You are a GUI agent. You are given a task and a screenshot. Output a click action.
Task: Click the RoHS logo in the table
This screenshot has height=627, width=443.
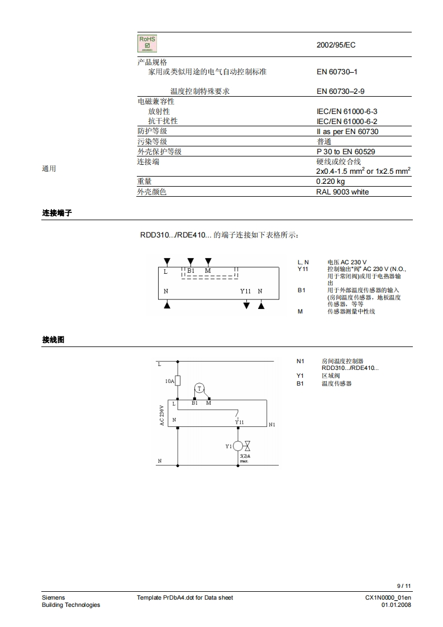point(147,44)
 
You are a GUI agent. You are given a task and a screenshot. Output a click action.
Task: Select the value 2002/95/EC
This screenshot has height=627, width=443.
point(336,45)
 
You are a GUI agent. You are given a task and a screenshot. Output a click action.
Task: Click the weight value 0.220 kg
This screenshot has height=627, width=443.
point(331,182)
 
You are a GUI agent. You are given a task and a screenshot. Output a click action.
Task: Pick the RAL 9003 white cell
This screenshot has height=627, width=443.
point(342,192)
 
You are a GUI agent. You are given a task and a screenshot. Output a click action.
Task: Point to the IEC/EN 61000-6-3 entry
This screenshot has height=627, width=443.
point(347,111)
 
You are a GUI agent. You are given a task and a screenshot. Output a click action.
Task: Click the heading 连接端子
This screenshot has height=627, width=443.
point(57,213)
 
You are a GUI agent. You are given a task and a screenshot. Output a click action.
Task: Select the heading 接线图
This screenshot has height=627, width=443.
point(53,339)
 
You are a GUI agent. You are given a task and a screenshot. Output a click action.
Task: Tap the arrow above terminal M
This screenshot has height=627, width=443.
point(208,262)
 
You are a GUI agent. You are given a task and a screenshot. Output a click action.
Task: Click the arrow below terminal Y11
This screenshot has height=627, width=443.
point(246,305)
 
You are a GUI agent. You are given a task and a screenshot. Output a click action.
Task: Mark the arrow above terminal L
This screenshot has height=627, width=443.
point(166,262)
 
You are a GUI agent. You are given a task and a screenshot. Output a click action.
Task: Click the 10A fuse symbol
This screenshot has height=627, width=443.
point(178,381)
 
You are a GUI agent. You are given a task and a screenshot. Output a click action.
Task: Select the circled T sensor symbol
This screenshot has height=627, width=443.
point(199,389)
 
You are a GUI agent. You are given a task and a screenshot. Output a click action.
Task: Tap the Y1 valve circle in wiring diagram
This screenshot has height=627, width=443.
point(237,446)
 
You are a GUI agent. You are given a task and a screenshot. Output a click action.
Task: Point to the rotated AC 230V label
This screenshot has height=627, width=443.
point(162,416)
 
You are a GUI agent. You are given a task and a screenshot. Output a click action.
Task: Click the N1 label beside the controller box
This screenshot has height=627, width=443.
point(272,425)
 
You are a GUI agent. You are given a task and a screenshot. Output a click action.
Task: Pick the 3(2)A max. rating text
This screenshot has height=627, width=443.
point(245,458)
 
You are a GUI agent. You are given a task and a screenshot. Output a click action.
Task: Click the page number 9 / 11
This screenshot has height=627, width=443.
point(404,586)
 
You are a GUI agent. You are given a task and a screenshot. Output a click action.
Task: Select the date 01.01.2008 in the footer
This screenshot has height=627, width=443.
point(396,605)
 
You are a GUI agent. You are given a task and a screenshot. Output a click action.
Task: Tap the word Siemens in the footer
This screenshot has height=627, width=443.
point(53,597)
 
